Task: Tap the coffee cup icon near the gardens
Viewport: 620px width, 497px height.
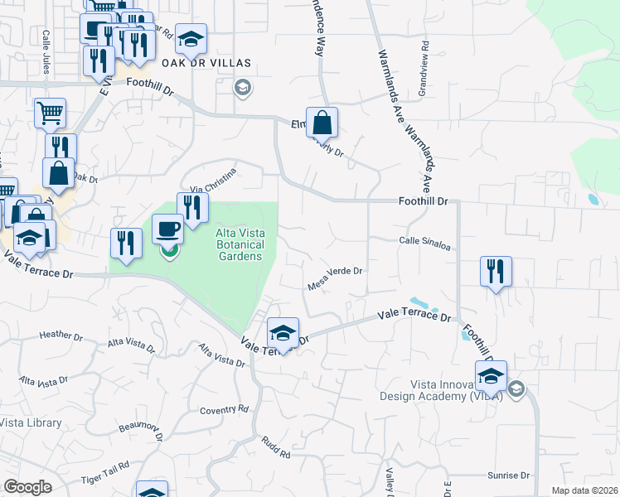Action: [167, 228]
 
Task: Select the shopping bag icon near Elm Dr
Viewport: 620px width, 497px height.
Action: [322, 123]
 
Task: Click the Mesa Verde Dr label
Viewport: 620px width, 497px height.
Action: [336, 277]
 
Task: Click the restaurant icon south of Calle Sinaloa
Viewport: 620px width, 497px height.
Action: [496, 271]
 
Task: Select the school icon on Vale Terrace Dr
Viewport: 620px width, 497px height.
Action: [283, 333]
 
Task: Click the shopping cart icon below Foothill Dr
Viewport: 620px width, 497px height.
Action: [51, 113]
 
